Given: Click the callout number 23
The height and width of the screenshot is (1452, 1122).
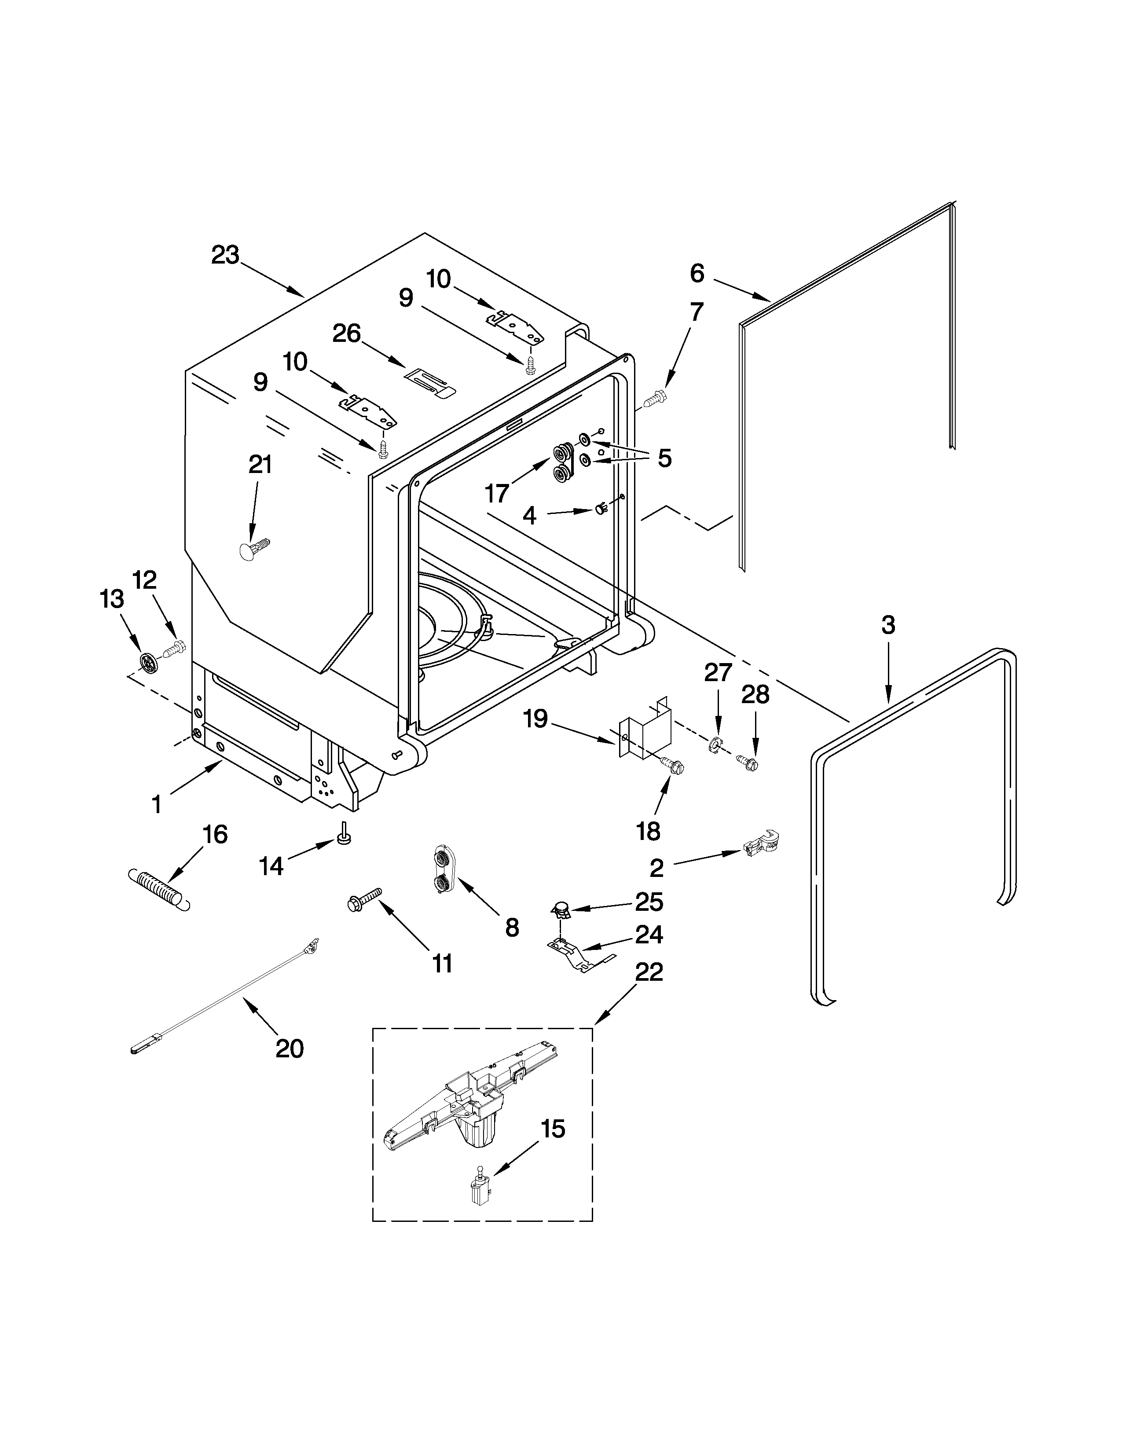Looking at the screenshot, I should (x=225, y=255).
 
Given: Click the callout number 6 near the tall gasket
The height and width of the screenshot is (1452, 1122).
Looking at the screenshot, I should (x=697, y=273).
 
